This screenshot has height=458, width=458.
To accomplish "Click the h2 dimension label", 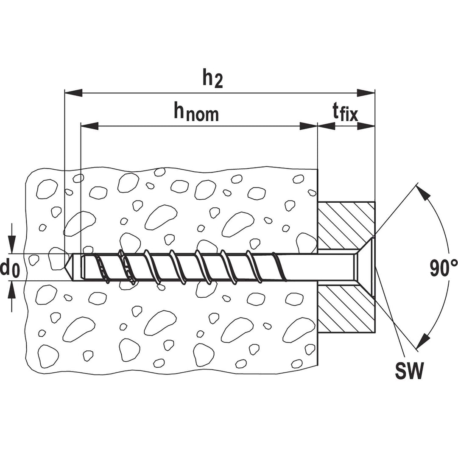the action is (212, 78).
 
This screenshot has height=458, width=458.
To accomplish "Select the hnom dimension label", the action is (196, 112).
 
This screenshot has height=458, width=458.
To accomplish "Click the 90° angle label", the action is (444, 268).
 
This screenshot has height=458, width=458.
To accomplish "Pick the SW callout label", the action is (409, 371).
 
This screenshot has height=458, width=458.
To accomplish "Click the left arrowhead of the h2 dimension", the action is (73, 93).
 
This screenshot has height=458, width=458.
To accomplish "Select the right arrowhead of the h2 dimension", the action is (366, 93).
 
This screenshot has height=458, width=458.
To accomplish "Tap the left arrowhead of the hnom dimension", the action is (89, 126).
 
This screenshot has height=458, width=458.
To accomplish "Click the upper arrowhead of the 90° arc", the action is (423, 193).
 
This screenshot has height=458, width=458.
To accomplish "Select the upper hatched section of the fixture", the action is (346, 225).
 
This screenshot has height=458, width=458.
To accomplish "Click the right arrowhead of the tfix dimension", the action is (366, 126).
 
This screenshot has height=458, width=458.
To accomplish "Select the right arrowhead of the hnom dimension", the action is (308, 126).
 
